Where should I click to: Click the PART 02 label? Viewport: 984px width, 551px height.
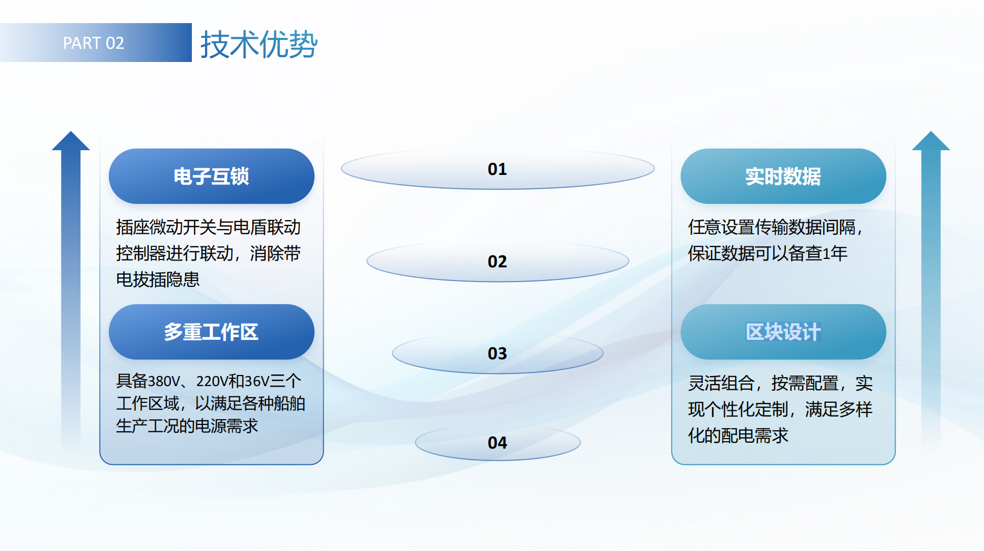(94, 43)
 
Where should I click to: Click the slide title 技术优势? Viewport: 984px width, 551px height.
(259, 44)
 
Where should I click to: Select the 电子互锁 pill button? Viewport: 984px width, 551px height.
(211, 176)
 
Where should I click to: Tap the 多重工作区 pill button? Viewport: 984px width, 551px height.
(211, 332)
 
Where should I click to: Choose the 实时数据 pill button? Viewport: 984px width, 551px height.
(783, 176)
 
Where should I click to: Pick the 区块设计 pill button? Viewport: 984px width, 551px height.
(783, 332)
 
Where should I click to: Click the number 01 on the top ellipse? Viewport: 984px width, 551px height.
(497, 169)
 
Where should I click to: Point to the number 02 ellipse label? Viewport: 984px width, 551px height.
(497, 262)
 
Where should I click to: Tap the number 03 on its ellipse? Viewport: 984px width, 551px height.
(497, 354)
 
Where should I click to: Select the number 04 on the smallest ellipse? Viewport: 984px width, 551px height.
(497, 443)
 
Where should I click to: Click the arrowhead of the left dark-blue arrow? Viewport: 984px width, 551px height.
(71, 141)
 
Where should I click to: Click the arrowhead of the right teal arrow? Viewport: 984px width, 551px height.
(931, 141)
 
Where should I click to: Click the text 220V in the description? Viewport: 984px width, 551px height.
(212, 380)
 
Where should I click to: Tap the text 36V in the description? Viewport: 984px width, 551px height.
(257, 380)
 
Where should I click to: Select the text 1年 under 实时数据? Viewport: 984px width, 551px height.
(835, 254)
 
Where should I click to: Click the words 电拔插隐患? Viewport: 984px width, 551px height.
(158, 279)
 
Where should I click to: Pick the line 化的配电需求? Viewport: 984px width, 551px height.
(738, 435)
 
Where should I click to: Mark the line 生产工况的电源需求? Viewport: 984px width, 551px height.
(187, 425)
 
